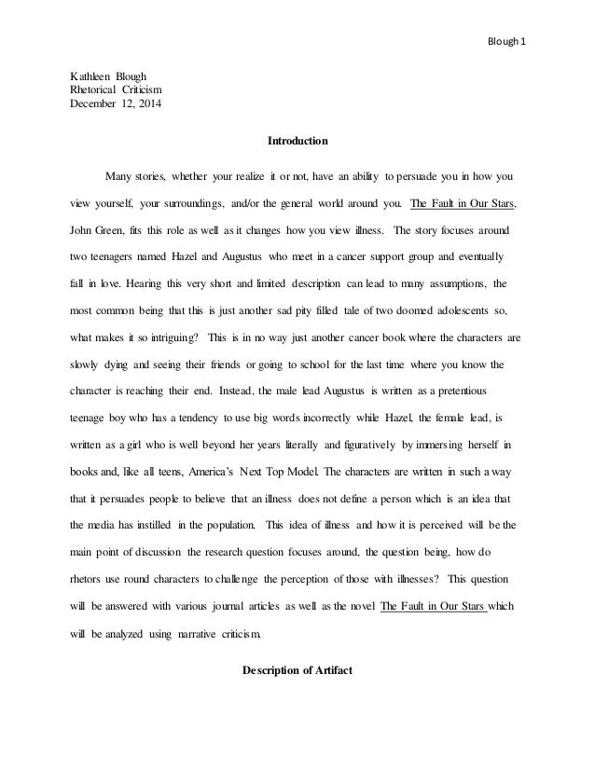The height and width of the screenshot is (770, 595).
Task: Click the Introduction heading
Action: [x=297, y=143]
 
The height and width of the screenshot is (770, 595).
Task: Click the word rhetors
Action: [x=90, y=580]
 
